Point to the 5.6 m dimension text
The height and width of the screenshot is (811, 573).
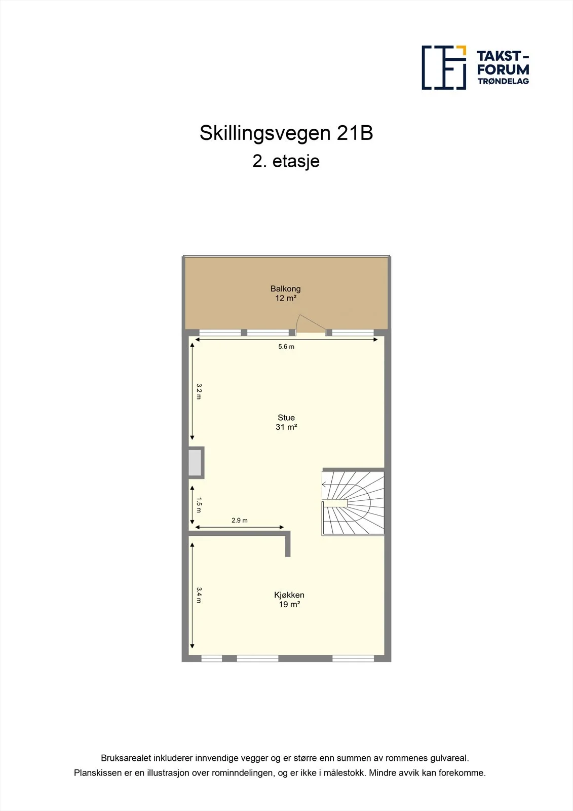(x=286, y=347)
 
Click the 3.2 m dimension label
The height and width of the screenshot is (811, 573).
(x=199, y=391)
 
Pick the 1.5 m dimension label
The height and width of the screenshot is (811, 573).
(x=199, y=505)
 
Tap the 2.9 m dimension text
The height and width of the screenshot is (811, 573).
(x=240, y=520)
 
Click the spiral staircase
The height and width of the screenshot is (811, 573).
(x=353, y=502)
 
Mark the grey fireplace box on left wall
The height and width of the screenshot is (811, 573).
(x=196, y=463)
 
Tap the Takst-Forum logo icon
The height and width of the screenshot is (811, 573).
(x=444, y=67)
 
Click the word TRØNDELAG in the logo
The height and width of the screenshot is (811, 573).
(x=503, y=81)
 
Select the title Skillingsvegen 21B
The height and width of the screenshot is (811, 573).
(x=286, y=133)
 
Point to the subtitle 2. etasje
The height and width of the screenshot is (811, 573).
(x=286, y=162)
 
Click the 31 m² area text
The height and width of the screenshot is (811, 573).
(x=286, y=427)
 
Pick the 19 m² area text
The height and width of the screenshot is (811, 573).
(x=289, y=604)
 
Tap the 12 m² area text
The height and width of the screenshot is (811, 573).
(x=286, y=299)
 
